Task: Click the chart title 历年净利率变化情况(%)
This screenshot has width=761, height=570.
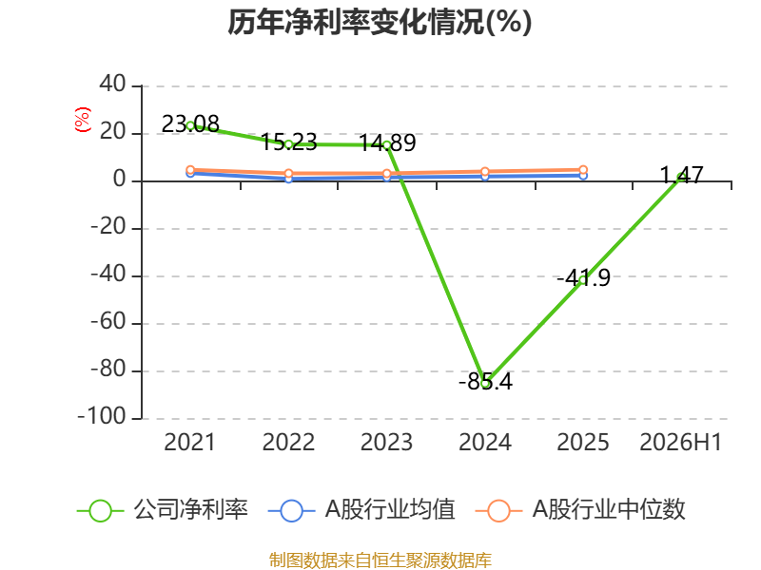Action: [380, 22]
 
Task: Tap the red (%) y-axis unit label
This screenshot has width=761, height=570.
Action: [83, 120]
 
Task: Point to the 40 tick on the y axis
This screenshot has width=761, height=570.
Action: [112, 85]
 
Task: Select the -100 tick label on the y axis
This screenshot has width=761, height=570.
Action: [102, 417]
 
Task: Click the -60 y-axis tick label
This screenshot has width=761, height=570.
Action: [108, 322]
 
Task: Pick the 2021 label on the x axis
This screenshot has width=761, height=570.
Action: [189, 442]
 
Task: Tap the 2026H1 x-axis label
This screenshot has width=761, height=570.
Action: [681, 442]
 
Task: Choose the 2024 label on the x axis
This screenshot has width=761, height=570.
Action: [485, 442]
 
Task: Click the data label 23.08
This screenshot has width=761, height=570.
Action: [190, 124]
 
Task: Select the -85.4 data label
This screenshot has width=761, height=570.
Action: [485, 382]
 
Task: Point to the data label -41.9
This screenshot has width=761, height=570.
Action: [583, 278]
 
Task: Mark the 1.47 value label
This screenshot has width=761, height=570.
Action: [682, 175]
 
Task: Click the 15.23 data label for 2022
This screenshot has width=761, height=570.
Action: [289, 142]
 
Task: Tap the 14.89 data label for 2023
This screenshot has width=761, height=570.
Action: [387, 143]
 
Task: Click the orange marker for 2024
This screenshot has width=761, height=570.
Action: [485, 172]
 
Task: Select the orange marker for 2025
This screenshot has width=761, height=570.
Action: [583, 170]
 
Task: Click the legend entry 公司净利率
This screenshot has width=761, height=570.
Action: [163, 510]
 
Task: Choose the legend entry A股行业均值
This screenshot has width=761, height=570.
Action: [362, 510]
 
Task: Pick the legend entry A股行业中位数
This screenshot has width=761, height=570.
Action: [580, 510]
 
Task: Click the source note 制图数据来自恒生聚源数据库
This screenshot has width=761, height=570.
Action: [380, 560]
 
